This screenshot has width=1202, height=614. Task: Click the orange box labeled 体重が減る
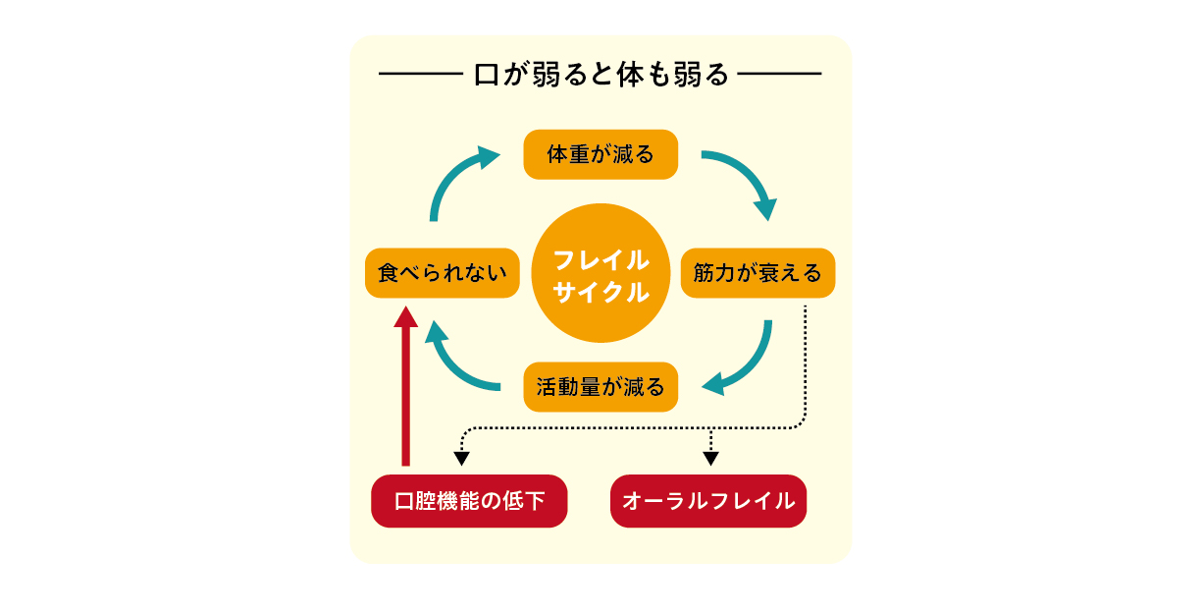coord(601,154)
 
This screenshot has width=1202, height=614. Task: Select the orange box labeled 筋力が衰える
coord(758,273)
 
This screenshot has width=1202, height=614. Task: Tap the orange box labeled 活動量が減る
coord(601,386)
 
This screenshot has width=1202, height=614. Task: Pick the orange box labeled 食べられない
coord(442,273)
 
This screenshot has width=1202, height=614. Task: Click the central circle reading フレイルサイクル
coord(601,273)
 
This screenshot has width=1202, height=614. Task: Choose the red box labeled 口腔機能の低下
coord(469,501)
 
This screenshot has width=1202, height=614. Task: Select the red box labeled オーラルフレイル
coord(708,501)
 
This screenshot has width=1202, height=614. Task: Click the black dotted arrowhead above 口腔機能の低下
coord(461,457)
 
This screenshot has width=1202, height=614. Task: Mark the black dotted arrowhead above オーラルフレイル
coord(711,457)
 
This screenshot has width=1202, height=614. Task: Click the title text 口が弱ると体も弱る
coord(601,75)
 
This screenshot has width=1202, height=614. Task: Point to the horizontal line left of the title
coord(420,75)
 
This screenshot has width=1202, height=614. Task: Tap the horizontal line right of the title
coord(781,75)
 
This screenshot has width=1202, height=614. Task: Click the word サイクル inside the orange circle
coord(601,292)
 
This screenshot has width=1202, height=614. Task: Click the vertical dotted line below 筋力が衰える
coord(805,363)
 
